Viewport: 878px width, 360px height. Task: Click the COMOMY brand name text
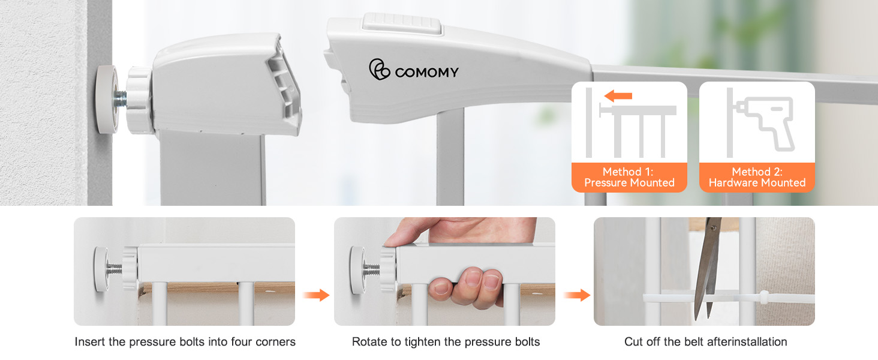point(426,73)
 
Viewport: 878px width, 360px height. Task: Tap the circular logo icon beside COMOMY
point(379,68)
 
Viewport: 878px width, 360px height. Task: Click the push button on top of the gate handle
point(401,26)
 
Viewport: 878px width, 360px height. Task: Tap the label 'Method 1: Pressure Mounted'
point(629,178)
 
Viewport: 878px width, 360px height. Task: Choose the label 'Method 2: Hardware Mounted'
point(757,178)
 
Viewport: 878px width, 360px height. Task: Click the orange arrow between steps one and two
point(315,295)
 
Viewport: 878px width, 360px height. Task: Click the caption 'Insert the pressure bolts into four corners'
point(185,342)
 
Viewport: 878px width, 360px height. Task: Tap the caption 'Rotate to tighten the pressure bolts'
point(446,342)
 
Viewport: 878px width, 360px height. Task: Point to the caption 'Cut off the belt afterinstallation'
point(705,342)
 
